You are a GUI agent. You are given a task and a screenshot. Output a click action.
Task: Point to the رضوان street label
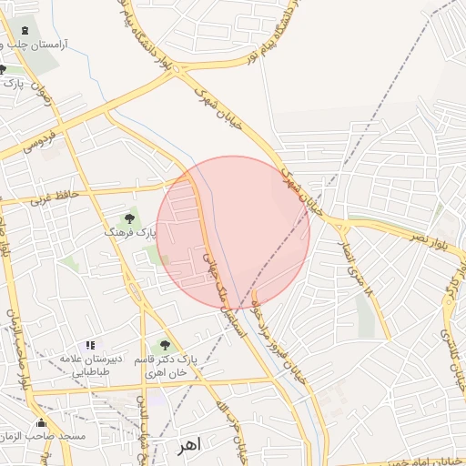pyautogui.click(x=45, y=95)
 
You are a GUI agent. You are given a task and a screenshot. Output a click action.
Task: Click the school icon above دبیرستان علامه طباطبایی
pyautogui.click(x=89, y=345)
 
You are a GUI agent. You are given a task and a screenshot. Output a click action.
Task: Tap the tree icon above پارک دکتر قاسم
pyautogui.click(x=164, y=345)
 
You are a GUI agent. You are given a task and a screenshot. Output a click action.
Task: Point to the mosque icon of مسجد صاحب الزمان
pyautogui.click(x=41, y=423)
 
